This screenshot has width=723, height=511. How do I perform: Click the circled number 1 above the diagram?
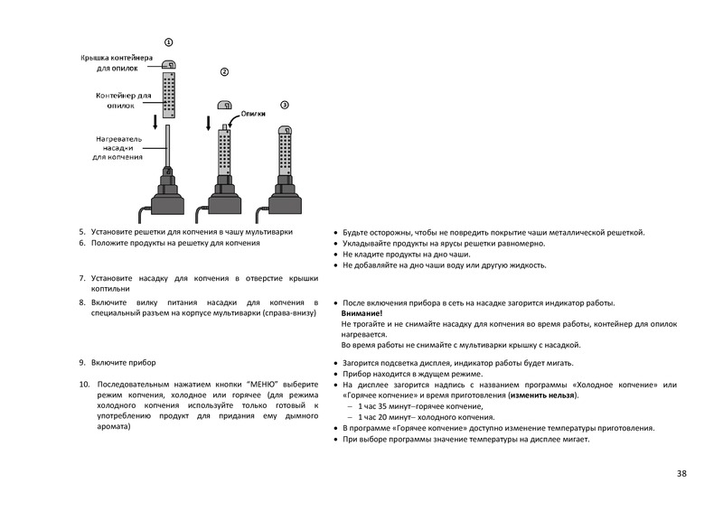[x=168, y=42]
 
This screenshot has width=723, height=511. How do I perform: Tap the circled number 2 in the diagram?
[x=224, y=71]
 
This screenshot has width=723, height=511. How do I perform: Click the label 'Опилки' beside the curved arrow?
[x=254, y=115]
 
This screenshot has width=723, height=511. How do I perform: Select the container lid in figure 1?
[x=168, y=65]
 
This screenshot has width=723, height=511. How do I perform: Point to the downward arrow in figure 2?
[x=209, y=123]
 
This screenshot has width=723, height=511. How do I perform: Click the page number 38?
[x=681, y=473]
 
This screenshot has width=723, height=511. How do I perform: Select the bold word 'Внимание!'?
[x=362, y=312]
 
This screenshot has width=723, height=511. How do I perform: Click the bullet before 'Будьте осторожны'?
[x=335, y=233]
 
